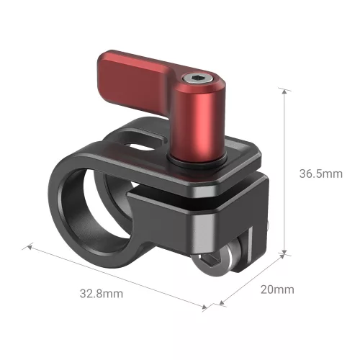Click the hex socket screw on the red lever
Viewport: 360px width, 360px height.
tap(197, 79)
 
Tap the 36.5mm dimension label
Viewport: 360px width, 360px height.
tap(320, 174)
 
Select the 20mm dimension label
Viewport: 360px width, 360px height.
tap(276, 290)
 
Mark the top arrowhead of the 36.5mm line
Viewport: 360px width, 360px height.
tap(286, 90)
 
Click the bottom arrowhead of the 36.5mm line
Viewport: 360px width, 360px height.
tap(286, 253)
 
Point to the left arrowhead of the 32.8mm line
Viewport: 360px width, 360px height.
tap(30, 246)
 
